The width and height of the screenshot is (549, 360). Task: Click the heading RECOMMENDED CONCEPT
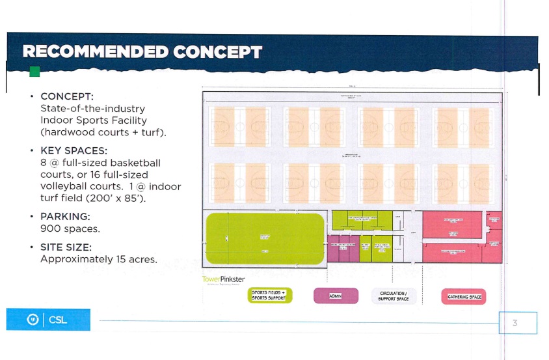[x=142, y=52]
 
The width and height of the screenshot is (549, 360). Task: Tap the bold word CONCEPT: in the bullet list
[x=66, y=96]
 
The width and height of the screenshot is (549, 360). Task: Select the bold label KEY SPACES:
[x=74, y=150]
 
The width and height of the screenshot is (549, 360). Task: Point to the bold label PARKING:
[x=65, y=216]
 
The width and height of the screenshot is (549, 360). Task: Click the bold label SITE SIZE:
[x=66, y=247]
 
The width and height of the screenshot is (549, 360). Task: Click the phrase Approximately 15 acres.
[x=99, y=259]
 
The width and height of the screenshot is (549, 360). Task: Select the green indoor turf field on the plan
[x=264, y=238]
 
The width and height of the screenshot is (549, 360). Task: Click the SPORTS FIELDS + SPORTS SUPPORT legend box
[x=269, y=296]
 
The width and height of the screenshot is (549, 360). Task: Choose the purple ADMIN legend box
[x=336, y=296]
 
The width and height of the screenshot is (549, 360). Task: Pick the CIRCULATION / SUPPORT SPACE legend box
[x=393, y=296]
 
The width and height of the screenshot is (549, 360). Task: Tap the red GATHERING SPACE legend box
[x=464, y=296]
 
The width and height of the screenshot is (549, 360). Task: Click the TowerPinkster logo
[x=223, y=279]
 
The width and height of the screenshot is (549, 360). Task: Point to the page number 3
[x=515, y=323]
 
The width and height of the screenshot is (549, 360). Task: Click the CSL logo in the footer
[x=48, y=320]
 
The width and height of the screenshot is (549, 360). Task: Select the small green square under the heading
[x=34, y=72]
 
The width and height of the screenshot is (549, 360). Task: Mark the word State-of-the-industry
[x=92, y=108]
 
